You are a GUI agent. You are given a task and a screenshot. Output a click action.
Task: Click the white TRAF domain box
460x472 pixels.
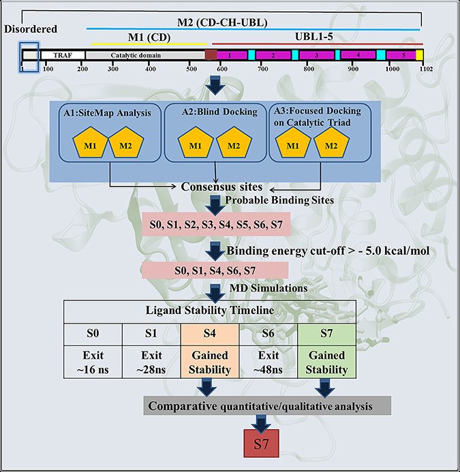[x=63, y=55]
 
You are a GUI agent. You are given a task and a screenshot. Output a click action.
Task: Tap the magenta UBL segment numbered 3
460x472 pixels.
[x=317, y=55]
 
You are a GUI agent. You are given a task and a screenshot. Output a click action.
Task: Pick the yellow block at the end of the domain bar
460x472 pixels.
[x=419, y=55]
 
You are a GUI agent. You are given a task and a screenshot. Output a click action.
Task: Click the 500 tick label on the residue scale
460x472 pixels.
[x=191, y=69]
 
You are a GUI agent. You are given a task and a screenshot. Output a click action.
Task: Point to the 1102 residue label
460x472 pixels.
[x=426, y=69]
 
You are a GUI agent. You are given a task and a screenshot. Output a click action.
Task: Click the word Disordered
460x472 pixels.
[x=31, y=29]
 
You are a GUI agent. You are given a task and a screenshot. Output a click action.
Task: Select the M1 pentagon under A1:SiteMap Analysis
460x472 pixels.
[x=90, y=142]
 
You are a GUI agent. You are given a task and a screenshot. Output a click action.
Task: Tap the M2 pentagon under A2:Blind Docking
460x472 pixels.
[x=234, y=142]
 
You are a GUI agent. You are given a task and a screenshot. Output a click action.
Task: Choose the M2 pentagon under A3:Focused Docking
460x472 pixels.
[x=331, y=142]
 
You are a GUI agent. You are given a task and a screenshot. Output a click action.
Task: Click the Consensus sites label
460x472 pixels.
[x=221, y=187]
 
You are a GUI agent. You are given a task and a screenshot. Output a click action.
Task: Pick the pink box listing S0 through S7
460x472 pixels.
[x=216, y=224]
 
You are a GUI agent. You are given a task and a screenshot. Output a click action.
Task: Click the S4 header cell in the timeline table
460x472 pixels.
[x=210, y=334]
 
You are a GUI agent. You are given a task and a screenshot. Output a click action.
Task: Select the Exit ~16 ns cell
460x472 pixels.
[x=93, y=362]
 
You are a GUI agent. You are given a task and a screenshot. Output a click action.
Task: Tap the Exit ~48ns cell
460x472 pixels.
[x=268, y=362]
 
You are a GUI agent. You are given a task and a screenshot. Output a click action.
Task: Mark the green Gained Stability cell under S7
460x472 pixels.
[x=327, y=362]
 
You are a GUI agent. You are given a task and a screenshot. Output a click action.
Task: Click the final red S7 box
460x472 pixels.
[x=261, y=443]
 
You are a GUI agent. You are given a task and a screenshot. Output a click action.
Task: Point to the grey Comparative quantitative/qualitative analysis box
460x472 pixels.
[x=267, y=406]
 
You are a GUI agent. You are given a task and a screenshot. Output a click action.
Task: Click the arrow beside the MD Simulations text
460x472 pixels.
[x=215, y=293]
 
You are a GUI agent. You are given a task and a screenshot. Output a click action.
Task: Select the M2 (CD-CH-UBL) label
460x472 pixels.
[x=222, y=22]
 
